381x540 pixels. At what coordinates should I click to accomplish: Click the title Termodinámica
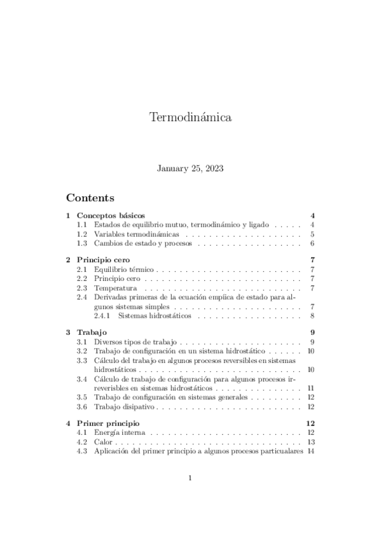pos(190,118)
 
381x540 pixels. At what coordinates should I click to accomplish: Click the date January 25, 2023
pos(190,169)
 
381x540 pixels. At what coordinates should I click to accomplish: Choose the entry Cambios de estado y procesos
pos(142,243)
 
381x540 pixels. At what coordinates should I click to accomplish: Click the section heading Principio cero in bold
pos(103,260)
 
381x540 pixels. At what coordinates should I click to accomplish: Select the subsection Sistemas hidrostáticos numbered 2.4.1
pos(157,316)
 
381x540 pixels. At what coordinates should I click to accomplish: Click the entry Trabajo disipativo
pos(124,406)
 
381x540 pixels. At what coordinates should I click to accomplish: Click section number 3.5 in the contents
pos(81,397)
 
